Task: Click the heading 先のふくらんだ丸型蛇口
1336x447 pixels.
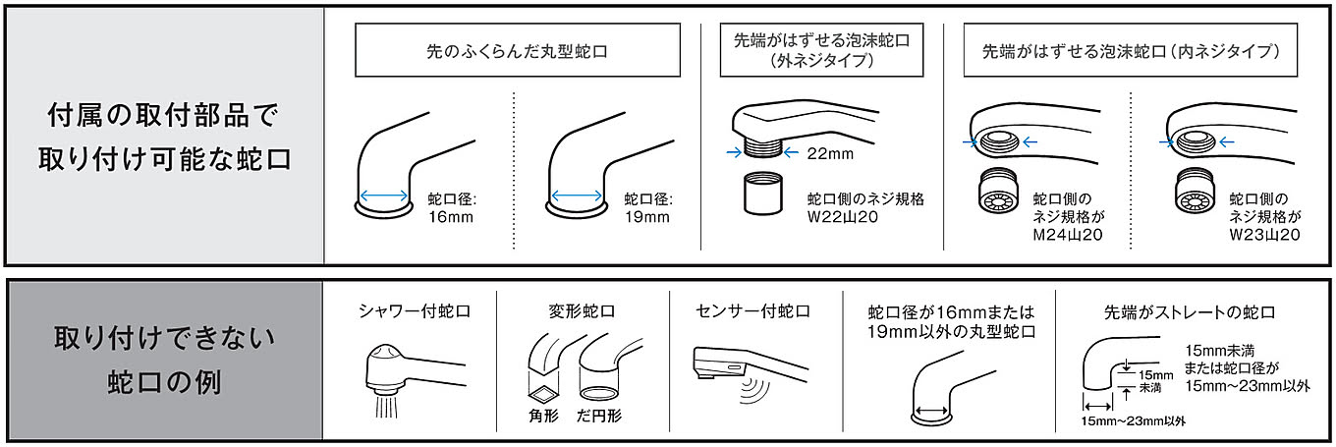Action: [x=517, y=51]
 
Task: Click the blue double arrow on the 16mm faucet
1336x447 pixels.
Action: [x=384, y=196]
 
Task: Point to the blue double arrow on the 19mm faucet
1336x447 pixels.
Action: [x=577, y=196]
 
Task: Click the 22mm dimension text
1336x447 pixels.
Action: [x=830, y=153]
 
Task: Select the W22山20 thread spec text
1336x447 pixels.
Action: [x=843, y=217]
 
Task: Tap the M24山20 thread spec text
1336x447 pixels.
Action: [x=1068, y=235]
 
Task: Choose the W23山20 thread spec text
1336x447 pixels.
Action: [x=1264, y=235]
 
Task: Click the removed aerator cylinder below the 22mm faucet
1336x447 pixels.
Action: [x=763, y=193]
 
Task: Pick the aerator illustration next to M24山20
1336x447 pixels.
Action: [x=998, y=191]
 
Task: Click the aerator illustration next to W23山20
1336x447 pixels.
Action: [x=1195, y=191]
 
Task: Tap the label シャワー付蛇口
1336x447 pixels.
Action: [x=415, y=310]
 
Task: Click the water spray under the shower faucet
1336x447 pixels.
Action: [x=386, y=405]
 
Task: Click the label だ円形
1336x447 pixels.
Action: [x=599, y=416]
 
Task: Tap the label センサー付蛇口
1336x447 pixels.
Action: [x=752, y=310]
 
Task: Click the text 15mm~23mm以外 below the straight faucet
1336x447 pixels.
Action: [x=1134, y=421]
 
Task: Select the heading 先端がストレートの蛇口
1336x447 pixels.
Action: [x=1190, y=312]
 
